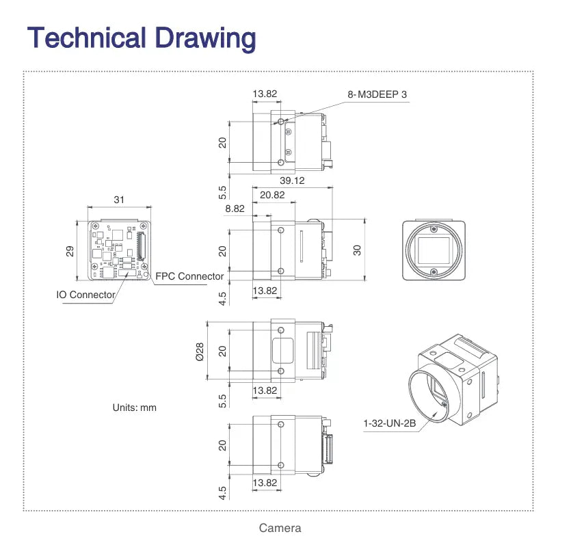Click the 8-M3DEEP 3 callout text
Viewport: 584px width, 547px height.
click(x=377, y=94)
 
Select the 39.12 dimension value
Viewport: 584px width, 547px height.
click(x=292, y=181)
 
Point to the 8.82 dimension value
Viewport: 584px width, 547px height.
click(x=235, y=209)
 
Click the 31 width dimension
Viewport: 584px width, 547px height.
click(x=120, y=200)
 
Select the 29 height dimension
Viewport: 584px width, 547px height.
click(x=70, y=250)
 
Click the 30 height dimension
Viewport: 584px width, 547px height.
click(x=357, y=250)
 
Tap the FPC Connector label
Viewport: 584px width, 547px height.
click(x=189, y=276)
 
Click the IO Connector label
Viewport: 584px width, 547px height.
click(x=85, y=295)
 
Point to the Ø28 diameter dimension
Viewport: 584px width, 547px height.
click(x=200, y=351)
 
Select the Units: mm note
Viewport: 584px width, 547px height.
click(x=134, y=408)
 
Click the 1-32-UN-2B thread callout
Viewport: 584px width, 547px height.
click(x=390, y=424)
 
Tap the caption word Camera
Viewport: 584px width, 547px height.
click(x=280, y=528)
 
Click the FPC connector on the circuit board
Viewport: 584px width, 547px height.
click(x=141, y=247)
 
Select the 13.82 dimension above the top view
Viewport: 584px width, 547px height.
click(x=265, y=94)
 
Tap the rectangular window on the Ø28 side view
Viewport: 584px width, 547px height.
click(x=282, y=351)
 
